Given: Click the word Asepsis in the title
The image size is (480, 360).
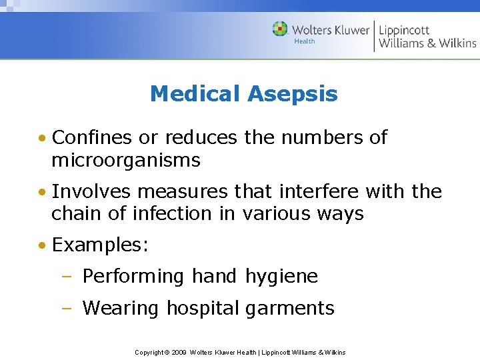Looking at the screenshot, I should tap(293, 95).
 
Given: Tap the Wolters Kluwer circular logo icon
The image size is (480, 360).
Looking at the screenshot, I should tap(280, 29).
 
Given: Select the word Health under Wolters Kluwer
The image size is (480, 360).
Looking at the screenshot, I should tap(305, 41).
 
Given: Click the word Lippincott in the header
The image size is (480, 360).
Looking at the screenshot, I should tap(404, 29).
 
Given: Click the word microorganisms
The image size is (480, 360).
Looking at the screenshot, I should tap(126, 160).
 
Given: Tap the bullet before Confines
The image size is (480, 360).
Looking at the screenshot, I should tap(42, 139).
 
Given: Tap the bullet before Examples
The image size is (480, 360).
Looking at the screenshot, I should tap(42, 245).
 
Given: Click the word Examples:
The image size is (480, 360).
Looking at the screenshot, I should tap(100, 245).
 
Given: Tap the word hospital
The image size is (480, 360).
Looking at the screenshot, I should tap(202, 309).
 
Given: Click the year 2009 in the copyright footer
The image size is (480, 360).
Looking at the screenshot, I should tap(178, 352).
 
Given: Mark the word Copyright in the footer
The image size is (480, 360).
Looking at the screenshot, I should tap(150, 352).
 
